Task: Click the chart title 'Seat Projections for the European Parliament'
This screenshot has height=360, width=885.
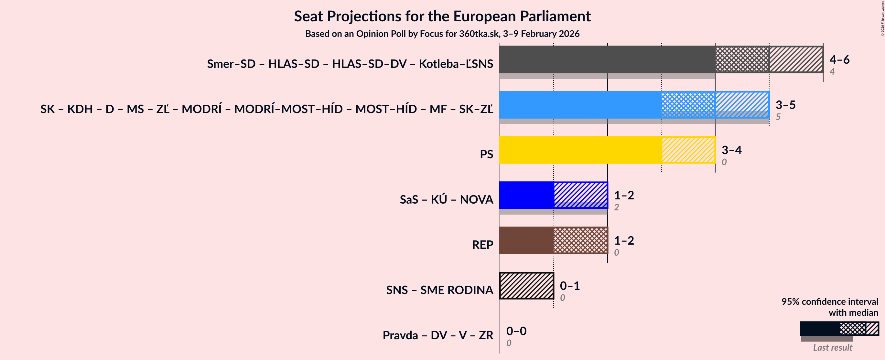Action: coord(442,16)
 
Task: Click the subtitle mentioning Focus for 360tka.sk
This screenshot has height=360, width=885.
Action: coord(442,34)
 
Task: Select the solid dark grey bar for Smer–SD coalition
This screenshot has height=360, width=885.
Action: coord(607,59)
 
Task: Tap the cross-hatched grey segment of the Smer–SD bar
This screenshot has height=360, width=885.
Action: coord(742,59)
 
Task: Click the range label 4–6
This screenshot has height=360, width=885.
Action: coord(839,59)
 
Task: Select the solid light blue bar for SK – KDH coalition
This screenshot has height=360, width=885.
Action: coord(580,105)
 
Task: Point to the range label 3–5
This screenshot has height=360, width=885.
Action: coord(785,105)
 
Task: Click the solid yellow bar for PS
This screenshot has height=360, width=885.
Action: coord(580,150)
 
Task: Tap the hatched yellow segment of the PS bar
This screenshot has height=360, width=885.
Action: coord(688,150)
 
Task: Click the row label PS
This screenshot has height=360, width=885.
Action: coord(486,154)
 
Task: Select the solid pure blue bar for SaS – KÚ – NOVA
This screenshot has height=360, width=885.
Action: coord(526,195)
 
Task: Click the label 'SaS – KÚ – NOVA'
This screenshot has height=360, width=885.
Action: coord(446,200)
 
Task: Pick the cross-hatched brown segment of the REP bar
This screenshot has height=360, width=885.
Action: coord(580,240)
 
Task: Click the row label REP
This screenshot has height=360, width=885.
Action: coord(482,245)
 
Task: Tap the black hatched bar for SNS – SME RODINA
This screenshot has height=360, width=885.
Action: coord(526,285)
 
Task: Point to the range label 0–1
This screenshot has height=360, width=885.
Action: coord(570,285)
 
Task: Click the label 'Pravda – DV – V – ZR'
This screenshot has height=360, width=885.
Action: coord(438,335)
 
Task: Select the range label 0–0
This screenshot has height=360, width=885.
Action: coord(516,331)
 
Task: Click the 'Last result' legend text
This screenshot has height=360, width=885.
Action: coord(832,348)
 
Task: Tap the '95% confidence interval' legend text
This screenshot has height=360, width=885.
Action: coord(829,302)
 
